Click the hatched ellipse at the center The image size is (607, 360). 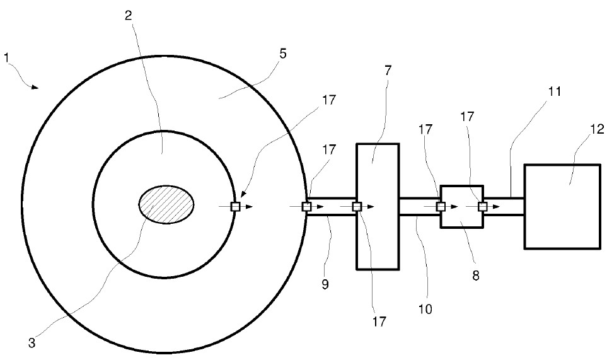(x=166, y=204)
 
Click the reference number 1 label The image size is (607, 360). (x=6, y=58)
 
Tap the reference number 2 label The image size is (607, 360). (x=128, y=15)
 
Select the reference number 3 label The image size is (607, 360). (x=32, y=343)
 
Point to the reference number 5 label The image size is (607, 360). (x=283, y=54)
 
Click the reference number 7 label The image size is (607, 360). (x=388, y=71)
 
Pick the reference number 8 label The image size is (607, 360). (x=476, y=276)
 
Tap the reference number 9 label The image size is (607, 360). (x=325, y=284)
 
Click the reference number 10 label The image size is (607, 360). (x=425, y=310)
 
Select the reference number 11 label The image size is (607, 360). (x=554, y=92)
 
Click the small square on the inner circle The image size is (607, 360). (x=235, y=207)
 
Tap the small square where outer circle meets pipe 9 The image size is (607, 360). (x=306, y=207)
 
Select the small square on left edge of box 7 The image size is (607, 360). (x=357, y=207)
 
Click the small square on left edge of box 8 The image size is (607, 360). (x=441, y=207)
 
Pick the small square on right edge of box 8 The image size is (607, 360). (x=482, y=207)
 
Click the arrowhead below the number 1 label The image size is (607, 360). (x=35, y=87)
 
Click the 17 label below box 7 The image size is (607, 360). (x=379, y=322)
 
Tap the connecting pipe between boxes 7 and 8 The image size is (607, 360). (x=420, y=207)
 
